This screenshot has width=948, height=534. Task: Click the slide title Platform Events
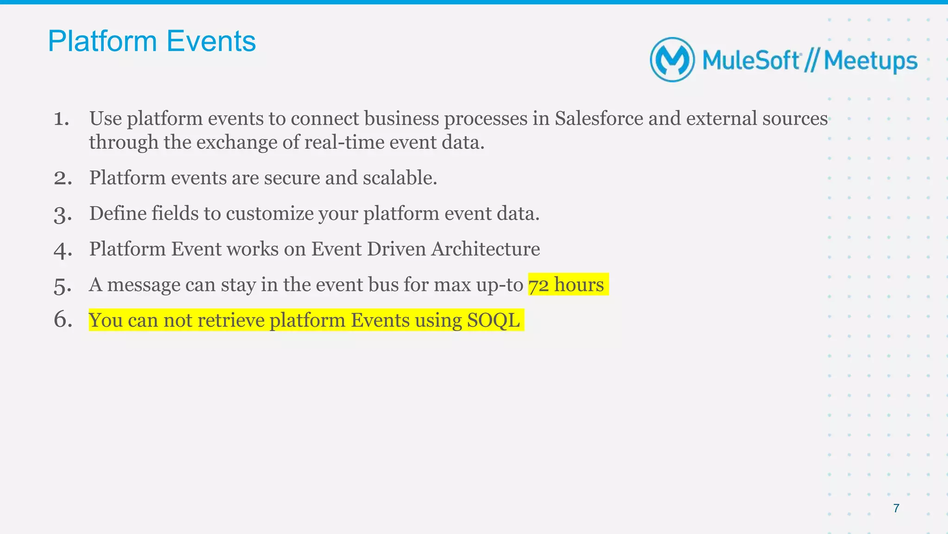pos(151,41)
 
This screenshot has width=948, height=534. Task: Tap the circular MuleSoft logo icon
pos(672,60)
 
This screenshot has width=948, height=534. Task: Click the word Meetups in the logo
pos(870,61)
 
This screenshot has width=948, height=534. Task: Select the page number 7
pos(896,509)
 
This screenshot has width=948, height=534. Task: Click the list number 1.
pos(61,119)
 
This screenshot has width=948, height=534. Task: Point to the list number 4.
pos(62,250)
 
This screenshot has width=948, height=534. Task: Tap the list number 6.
pos(63,320)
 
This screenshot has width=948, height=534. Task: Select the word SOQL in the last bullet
pos(493,320)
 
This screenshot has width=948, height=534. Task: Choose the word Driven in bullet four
pos(397,249)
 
